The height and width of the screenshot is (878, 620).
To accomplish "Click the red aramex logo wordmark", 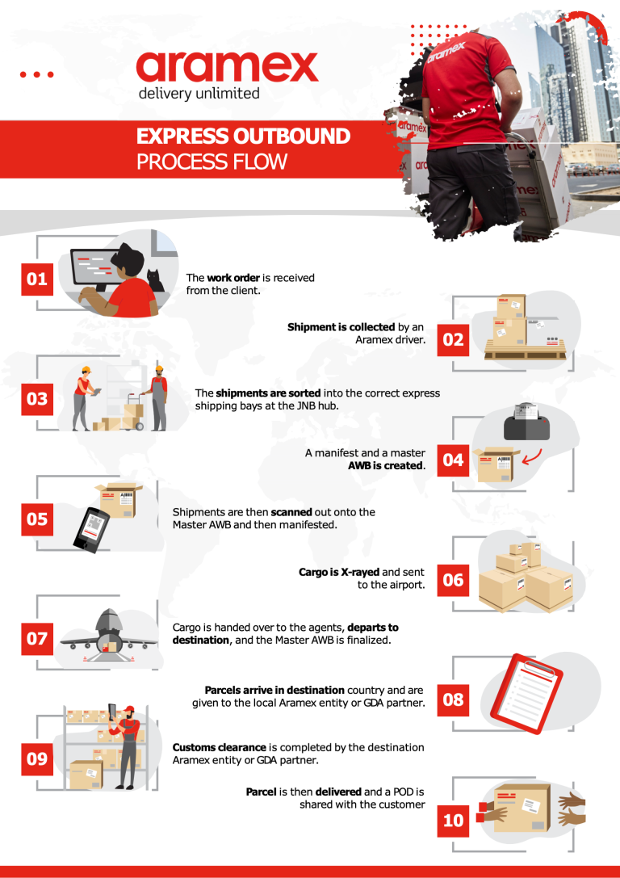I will (227, 67).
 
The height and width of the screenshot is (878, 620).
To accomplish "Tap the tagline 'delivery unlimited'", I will (199, 94).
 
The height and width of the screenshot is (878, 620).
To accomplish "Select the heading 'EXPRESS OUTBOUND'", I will (243, 136).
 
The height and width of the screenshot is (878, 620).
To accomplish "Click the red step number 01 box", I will (37, 279).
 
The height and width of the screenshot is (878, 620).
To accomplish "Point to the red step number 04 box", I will (454, 460).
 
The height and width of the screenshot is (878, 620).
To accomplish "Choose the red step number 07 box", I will (37, 639).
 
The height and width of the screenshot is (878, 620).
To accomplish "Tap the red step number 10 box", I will (454, 820).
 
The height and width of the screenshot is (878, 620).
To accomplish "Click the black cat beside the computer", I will (154, 282).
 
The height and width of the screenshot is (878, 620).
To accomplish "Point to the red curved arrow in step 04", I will (532, 459).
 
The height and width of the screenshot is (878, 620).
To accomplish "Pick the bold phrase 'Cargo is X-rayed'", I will (338, 572).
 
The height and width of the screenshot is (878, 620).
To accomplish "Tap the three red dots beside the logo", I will (36, 74).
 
